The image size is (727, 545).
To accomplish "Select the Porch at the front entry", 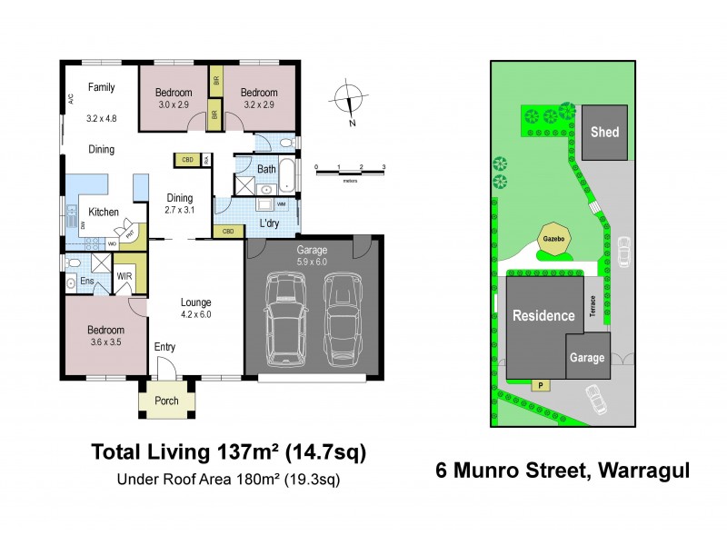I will (165, 401).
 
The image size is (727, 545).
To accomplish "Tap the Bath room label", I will (266, 169).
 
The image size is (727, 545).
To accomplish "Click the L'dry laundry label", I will (269, 223).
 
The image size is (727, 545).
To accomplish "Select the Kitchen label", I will (103, 212).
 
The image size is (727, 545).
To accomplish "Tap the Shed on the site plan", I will (604, 132).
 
